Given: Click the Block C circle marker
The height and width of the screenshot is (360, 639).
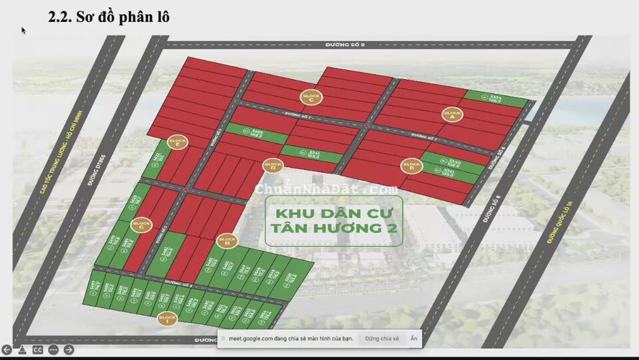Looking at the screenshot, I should (x=310, y=97).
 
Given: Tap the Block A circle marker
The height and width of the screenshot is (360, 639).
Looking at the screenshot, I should (x=452, y=114).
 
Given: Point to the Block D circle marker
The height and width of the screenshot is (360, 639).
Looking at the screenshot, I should (x=272, y=165).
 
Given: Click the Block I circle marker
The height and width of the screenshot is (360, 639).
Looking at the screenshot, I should (x=167, y=319).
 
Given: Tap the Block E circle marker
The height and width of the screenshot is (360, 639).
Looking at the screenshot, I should (x=178, y=142).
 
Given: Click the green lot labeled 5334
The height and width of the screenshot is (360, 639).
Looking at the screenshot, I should (x=495, y=98).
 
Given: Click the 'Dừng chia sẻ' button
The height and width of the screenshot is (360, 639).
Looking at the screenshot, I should (x=382, y=339).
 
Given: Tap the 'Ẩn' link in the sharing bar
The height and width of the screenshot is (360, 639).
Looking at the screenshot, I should (x=413, y=339).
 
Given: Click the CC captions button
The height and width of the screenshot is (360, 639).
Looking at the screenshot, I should (x=38, y=350).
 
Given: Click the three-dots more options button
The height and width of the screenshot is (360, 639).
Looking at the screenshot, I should (x=53, y=350).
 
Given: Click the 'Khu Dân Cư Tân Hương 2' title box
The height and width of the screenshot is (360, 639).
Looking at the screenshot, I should (x=333, y=221).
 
